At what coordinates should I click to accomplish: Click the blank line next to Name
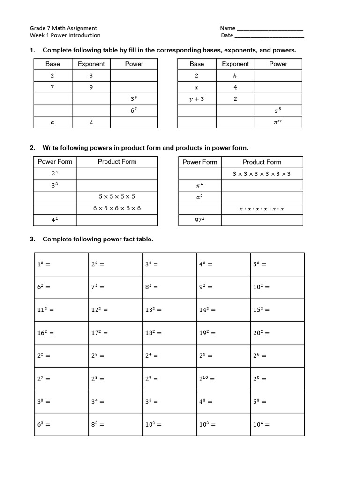click(x=270, y=28)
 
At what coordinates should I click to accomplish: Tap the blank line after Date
click(x=269, y=35)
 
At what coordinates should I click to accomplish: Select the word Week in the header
click(x=37, y=35)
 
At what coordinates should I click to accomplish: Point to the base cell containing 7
click(x=52, y=87)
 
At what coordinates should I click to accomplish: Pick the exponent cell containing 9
click(x=91, y=87)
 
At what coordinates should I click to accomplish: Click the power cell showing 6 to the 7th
click(x=134, y=110)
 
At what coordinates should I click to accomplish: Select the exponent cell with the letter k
click(x=235, y=75)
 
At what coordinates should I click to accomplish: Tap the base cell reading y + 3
click(x=196, y=99)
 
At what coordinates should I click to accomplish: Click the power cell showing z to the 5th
click(x=278, y=110)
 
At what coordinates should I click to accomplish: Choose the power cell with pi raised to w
click(x=278, y=122)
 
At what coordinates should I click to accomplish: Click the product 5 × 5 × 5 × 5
click(x=117, y=196)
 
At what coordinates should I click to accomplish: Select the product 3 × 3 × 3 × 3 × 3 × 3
click(x=262, y=173)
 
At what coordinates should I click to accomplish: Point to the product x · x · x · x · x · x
click(x=262, y=208)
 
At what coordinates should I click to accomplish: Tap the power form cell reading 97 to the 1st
click(x=200, y=220)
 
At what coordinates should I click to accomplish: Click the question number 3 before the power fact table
click(x=32, y=239)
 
